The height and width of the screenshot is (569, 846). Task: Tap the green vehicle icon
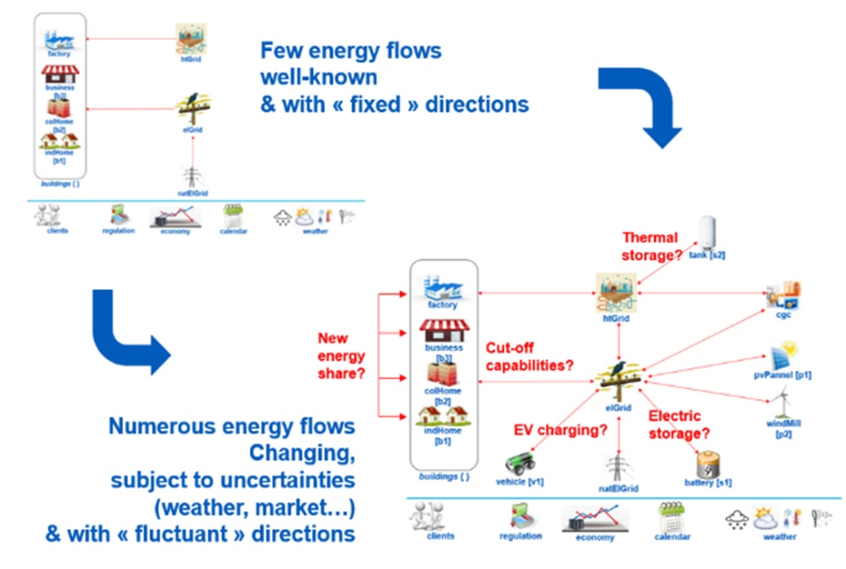click(516, 463)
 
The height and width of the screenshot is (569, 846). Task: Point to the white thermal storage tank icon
click(709, 233)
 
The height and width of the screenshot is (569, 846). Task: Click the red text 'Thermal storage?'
click(653, 246)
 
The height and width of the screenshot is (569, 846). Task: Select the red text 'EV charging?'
click(561, 431)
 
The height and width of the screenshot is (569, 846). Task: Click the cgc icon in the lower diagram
click(783, 296)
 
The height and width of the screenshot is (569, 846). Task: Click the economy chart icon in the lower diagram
click(596, 518)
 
